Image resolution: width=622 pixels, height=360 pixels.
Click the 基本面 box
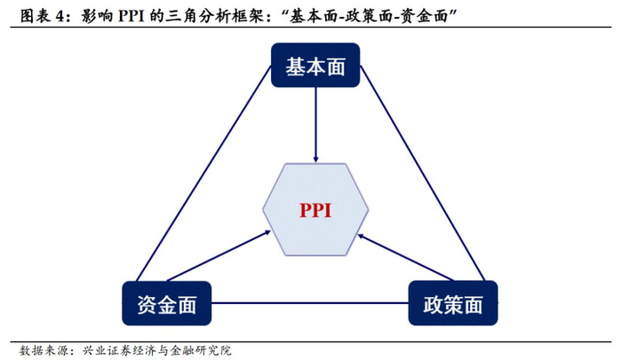click(x=315, y=67)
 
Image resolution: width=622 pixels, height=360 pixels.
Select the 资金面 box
click(x=167, y=305)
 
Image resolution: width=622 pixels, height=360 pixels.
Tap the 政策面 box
click(x=451, y=305)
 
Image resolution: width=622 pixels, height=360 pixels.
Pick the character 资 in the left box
click(x=147, y=305)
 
